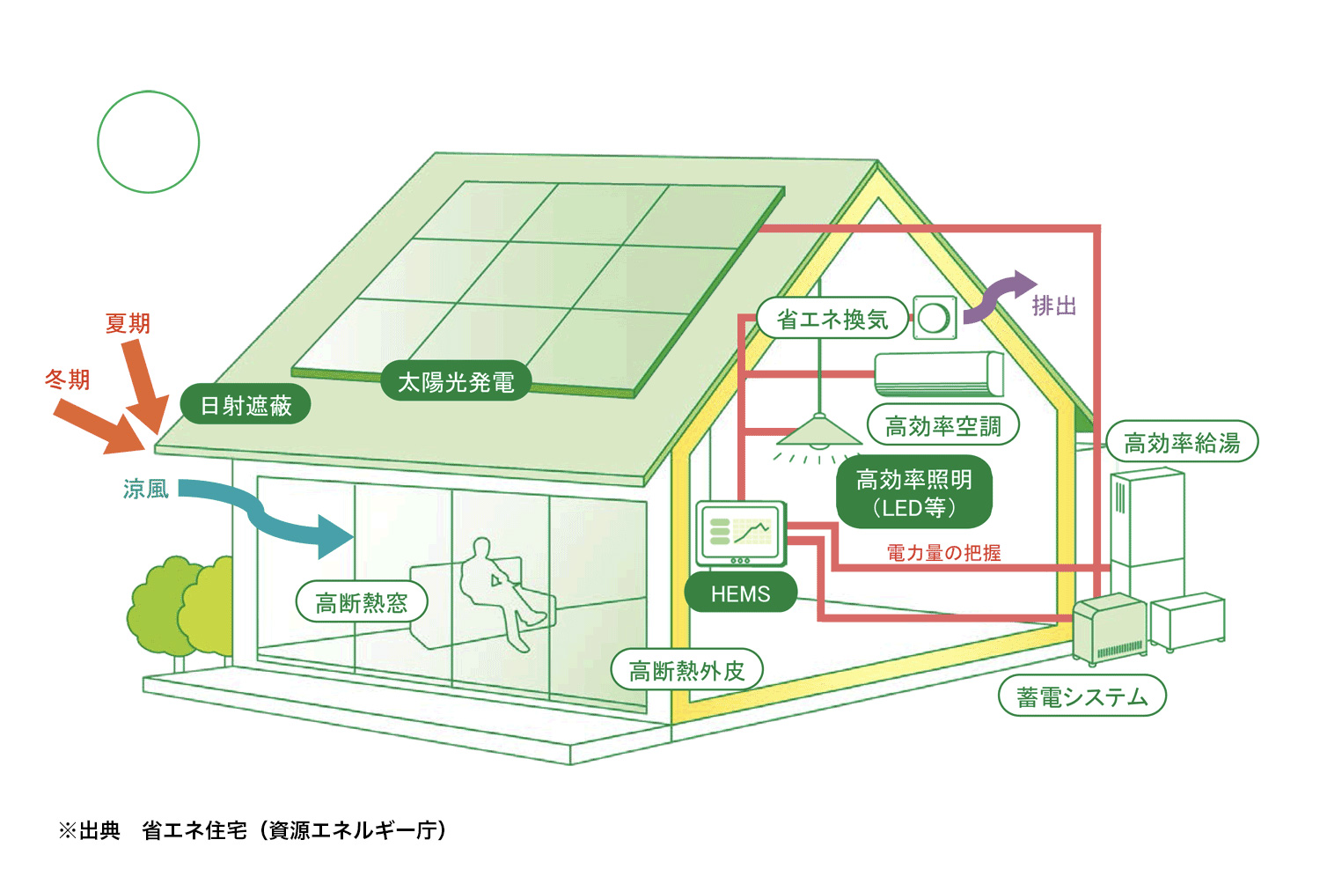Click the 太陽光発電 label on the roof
click(x=456, y=381)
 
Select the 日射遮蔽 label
click(x=246, y=404)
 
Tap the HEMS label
click(x=740, y=593)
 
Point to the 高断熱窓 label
click(x=361, y=602)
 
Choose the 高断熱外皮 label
click(x=686, y=670)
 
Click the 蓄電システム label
click(x=1082, y=696)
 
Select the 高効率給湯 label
click(x=1182, y=442)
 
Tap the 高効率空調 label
click(x=942, y=425)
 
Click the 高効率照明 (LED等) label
click(x=914, y=492)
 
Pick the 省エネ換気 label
click(x=832, y=319)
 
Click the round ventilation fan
click(x=935, y=318)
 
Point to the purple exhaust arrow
click(x=996, y=298)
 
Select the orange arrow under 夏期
click(x=143, y=383)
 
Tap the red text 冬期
click(x=67, y=379)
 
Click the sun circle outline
click(x=149, y=91)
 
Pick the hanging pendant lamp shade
click(x=819, y=430)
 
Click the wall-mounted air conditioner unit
click(x=939, y=374)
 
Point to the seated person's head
click(x=481, y=548)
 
